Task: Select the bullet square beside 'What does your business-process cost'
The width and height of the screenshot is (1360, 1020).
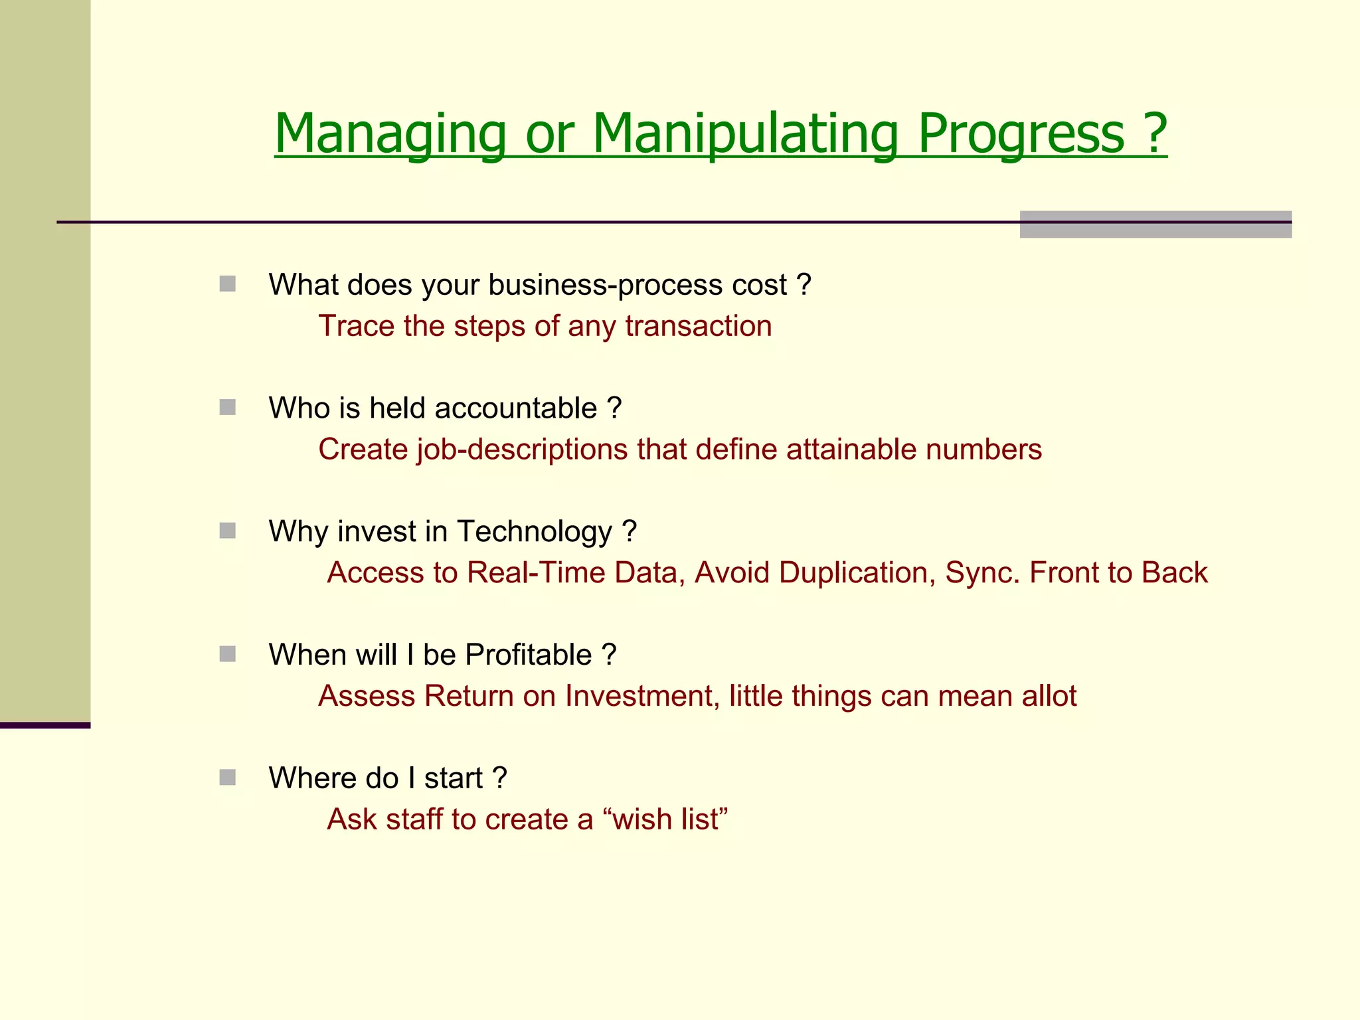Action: (228, 284)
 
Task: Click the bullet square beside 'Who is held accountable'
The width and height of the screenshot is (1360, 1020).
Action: (228, 407)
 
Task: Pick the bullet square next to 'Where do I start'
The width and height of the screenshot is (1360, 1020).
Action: (228, 777)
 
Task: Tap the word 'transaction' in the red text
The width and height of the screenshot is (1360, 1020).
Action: (698, 326)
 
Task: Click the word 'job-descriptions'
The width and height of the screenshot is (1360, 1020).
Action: (522, 450)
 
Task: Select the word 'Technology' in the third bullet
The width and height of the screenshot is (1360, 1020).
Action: (535, 531)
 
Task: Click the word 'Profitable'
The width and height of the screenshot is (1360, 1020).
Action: (528, 655)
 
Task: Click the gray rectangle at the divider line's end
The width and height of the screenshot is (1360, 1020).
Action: (1155, 224)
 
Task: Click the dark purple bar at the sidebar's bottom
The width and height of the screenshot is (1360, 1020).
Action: (45, 725)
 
